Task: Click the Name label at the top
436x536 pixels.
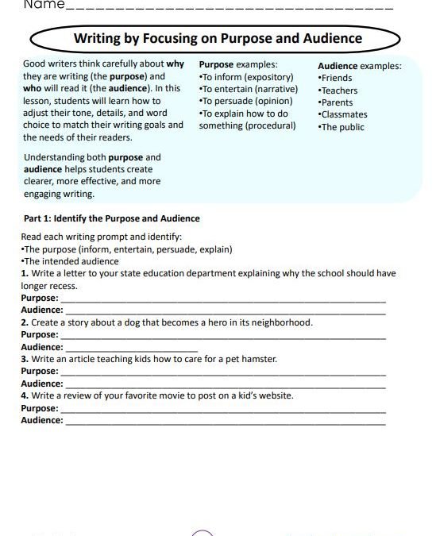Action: (x=43, y=5)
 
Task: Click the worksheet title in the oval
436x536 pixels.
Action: (x=217, y=38)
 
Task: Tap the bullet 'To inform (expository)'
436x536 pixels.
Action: (x=246, y=77)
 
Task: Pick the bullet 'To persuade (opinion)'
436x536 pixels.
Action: (x=245, y=101)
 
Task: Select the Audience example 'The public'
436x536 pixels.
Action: (x=341, y=126)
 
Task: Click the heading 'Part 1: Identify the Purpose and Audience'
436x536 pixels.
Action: (x=110, y=218)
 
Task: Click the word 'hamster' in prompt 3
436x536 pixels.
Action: (x=259, y=359)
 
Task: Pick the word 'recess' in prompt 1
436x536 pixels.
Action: (x=61, y=286)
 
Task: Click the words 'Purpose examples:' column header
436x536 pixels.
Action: (x=238, y=64)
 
